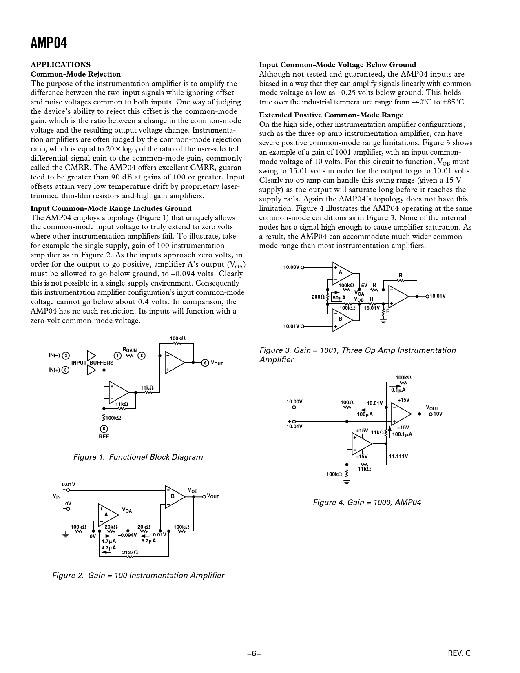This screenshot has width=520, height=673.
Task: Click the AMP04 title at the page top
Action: [x=49, y=43]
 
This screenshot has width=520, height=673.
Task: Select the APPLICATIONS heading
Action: [x=61, y=65]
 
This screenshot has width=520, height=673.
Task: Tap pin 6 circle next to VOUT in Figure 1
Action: [x=205, y=363]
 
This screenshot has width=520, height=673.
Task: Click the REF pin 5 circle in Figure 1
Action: [x=104, y=429]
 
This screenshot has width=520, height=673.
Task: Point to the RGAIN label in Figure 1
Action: [x=130, y=350]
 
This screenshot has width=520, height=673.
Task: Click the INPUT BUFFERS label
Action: [x=92, y=363]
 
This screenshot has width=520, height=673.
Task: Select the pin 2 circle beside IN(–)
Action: [x=66, y=356]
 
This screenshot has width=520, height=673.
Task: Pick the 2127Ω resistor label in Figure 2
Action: [x=130, y=552]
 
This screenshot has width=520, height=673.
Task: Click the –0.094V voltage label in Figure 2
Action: [x=127, y=535]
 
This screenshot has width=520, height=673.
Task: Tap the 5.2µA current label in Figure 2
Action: [x=148, y=541]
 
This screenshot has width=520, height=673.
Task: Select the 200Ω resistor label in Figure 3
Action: [x=318, y=297]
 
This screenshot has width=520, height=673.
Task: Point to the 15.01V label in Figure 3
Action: [x=372, y=308]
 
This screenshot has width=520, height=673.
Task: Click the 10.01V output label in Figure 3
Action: [x=438, y=296]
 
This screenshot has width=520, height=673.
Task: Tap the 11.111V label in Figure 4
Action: [x=398, y=456]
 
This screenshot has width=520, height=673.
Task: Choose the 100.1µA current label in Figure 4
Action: [x=402, y=434]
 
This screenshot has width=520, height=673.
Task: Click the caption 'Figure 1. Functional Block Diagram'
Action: [x=138, y=457]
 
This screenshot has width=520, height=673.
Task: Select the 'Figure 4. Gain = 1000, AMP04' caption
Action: [x=367, y=502]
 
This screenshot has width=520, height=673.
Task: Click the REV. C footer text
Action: [x=459, y=653]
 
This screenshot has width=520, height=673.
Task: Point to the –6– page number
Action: [x=254, y=653]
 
